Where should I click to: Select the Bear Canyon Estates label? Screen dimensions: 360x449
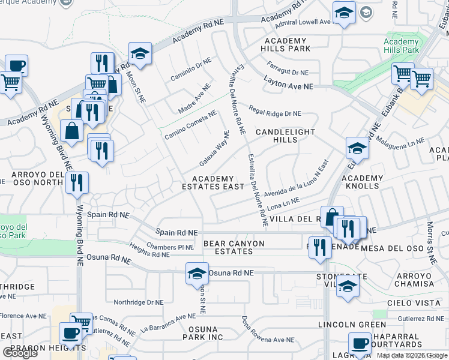coord(234,247)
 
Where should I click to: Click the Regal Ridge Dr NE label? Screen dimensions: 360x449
coord(274,113)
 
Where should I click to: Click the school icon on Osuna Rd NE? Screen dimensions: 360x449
coord(197,274)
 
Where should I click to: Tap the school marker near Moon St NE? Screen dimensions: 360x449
coord(140,53)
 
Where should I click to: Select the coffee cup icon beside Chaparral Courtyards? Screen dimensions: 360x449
coord(360,344)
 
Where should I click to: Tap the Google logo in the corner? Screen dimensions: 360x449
coord(20,353)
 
